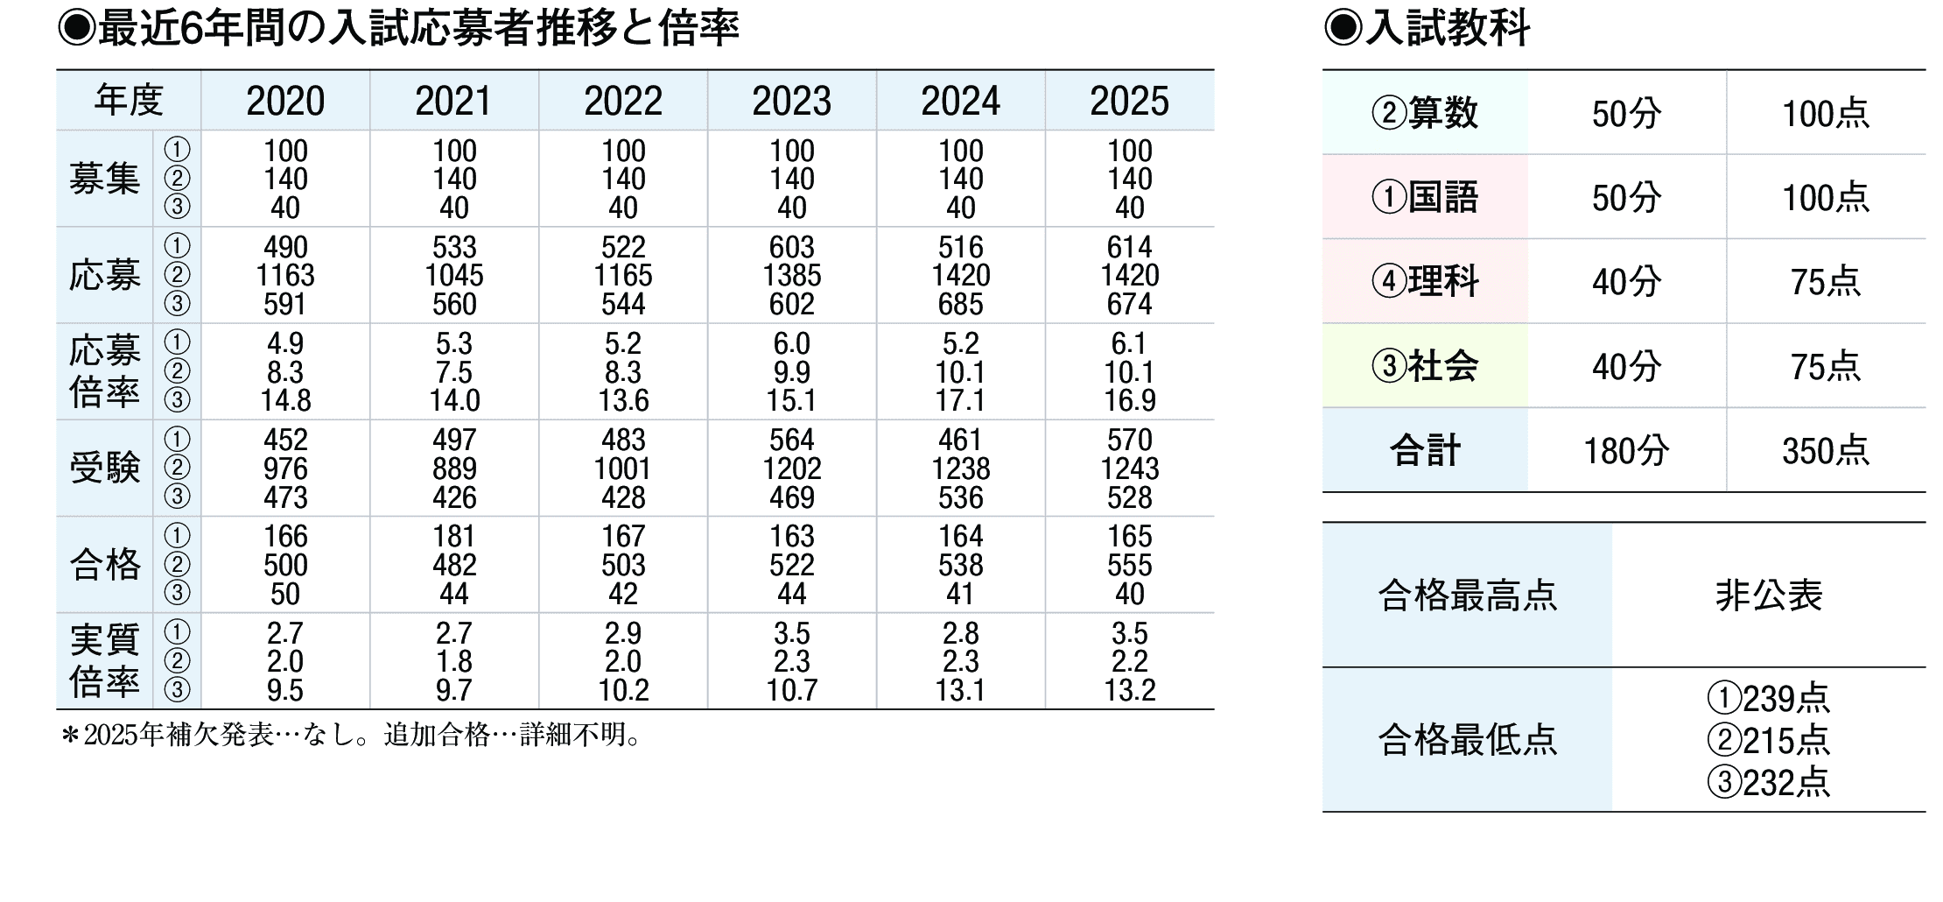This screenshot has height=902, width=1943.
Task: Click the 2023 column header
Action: tap(791, 102)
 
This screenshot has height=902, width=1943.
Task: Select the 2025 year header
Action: tap(1129, 102)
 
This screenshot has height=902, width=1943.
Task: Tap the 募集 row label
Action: tap(104, 180)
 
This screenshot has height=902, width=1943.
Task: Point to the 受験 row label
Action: tap(104, 469)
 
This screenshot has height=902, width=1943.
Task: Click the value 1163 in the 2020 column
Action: tap(285, 276)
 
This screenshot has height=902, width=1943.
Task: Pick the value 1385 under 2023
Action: tap(791, 276)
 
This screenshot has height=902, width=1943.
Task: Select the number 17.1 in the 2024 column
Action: tap(960, 401)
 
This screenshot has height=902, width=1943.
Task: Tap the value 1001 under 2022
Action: tap(622, 469)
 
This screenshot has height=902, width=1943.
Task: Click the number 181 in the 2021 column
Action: tap(454, 536)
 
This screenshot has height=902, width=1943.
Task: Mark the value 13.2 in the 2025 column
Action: tap(1129, 691)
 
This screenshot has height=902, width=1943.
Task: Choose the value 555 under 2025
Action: tap(1129, 566)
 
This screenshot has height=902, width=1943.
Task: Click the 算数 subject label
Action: tap(1425, 114)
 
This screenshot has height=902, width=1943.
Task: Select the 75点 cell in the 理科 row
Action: tap(1825, 282)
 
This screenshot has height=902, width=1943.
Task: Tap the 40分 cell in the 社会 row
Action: tap(1626, 367)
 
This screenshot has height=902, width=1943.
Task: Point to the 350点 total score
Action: tap(1825, 451)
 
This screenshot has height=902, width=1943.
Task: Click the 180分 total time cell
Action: tap(1626, 451)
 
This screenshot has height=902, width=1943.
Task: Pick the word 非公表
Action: tap(1768, 596)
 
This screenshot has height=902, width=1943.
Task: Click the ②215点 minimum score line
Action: tap(1768, 741)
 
